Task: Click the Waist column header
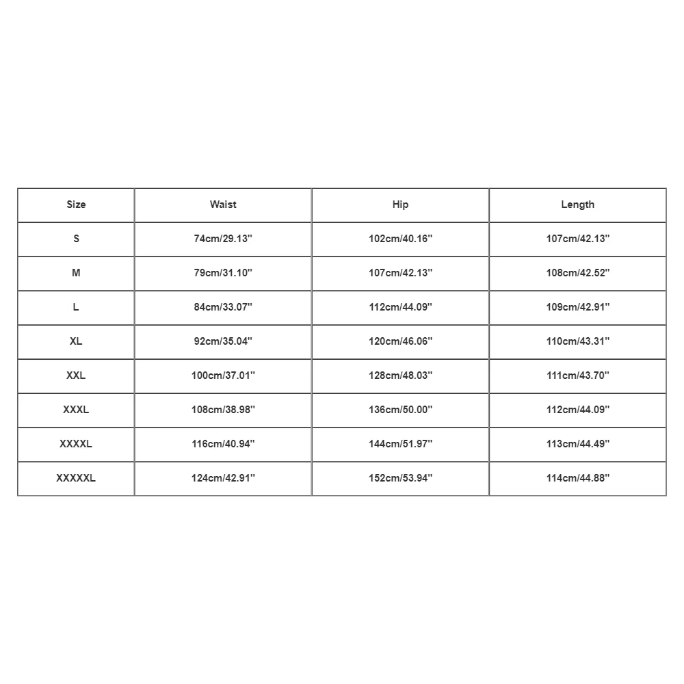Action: point(223,205)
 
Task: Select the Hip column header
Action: point(400,205)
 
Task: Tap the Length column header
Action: point(577,205)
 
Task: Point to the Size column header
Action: point(76,205)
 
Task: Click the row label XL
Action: point(76,341)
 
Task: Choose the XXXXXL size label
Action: point(76,478)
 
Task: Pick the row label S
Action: point(76,239)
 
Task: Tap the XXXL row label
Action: point(76,410)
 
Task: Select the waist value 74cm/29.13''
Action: point(223,239)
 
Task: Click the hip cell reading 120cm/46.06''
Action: point(400,341)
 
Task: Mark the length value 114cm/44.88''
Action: point(577,478)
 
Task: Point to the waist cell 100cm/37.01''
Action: point(223,376)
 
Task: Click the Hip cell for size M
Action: point(400,273)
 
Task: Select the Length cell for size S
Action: point(577,239)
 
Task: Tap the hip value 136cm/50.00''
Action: point(400,410)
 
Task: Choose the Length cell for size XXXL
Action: point(577,410)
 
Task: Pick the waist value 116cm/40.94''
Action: point(223,444)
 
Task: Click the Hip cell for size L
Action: point(400,307)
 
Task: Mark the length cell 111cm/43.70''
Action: point(577,376)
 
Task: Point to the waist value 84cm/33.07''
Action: point(223,307)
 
